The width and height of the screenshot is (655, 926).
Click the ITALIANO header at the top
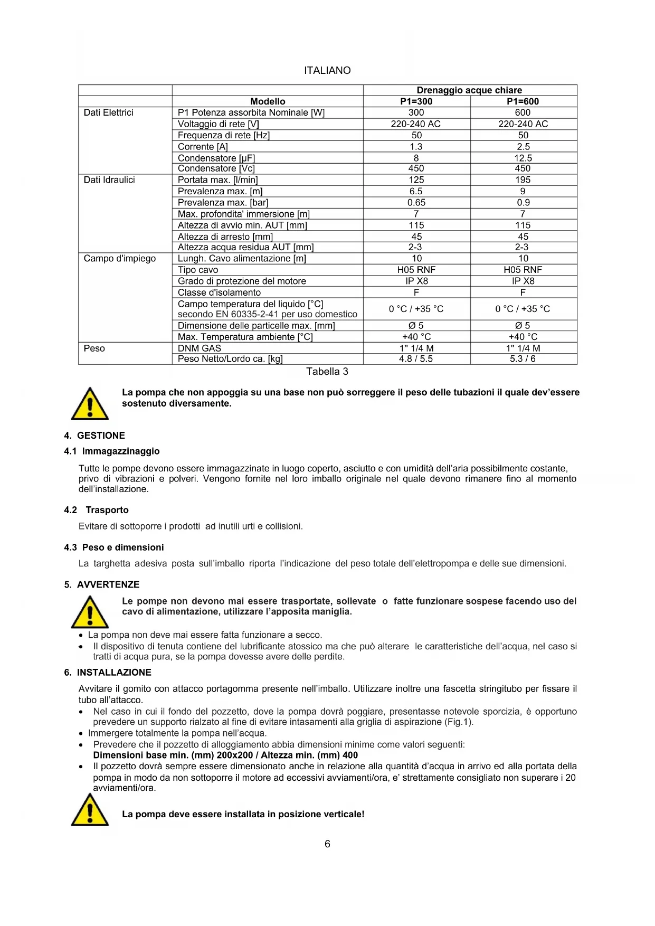click(x=327, y=70)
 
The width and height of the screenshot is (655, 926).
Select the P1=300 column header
click(x=416, y=101)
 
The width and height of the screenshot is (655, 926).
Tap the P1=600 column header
click(x=523, y=101)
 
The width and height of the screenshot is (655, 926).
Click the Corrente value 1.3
click(x=416, y=147)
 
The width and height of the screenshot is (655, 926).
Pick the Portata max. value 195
click(x=523, y=180)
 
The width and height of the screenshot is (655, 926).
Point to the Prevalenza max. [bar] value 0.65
click(x=416, y=203)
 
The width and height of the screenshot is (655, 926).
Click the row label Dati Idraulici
click(x=109, y=180)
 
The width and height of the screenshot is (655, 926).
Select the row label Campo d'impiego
click(x=120, y=259)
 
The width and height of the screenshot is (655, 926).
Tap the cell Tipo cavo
click(x=198, y=270)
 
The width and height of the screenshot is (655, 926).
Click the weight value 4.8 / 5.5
click(x=416, y=359)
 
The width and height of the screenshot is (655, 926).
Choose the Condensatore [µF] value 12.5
click(x=523, y=158)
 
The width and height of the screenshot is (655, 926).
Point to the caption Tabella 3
click(x=327, y=372)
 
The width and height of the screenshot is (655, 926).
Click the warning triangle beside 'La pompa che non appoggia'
click(x=90, y=404)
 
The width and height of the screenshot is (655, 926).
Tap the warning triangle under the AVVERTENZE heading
click(x=90, y=612)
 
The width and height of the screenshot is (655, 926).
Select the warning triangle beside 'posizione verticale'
click(x=90, y=810)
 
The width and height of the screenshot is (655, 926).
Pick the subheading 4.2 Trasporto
click(x=97, y=510)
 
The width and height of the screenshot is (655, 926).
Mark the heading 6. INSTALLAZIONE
click(x=108, y=673)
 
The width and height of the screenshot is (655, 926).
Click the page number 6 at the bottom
click(x=327, y=844)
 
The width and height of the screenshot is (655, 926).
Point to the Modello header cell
click(x=268, y=101)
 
